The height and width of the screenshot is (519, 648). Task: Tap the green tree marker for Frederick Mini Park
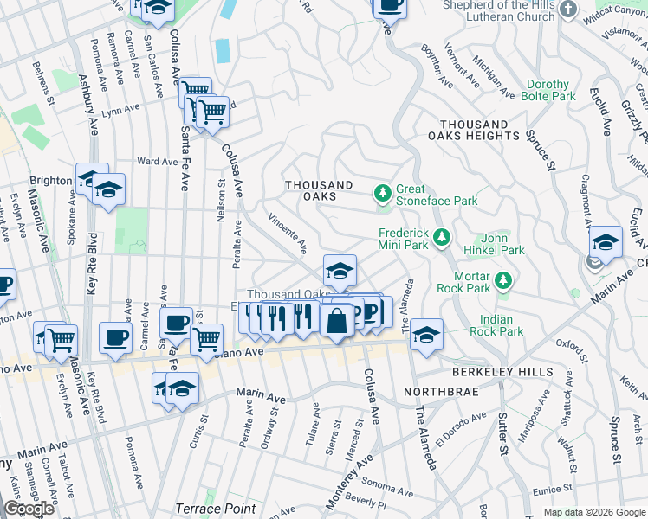(442, 236)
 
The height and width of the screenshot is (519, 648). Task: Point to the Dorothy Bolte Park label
(548, 91)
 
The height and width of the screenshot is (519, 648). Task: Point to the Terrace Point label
(216, 509)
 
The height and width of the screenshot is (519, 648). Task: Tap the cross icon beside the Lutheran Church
(568, 10)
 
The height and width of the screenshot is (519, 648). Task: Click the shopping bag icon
(336, 321)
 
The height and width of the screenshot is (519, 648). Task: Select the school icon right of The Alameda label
(425, 333)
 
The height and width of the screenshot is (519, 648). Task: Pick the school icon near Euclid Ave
(606, 241)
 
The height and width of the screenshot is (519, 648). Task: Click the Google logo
(29, 509)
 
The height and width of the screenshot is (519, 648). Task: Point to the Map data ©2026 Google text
(593, 512)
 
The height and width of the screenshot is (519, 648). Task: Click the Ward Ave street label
(157, 161)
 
